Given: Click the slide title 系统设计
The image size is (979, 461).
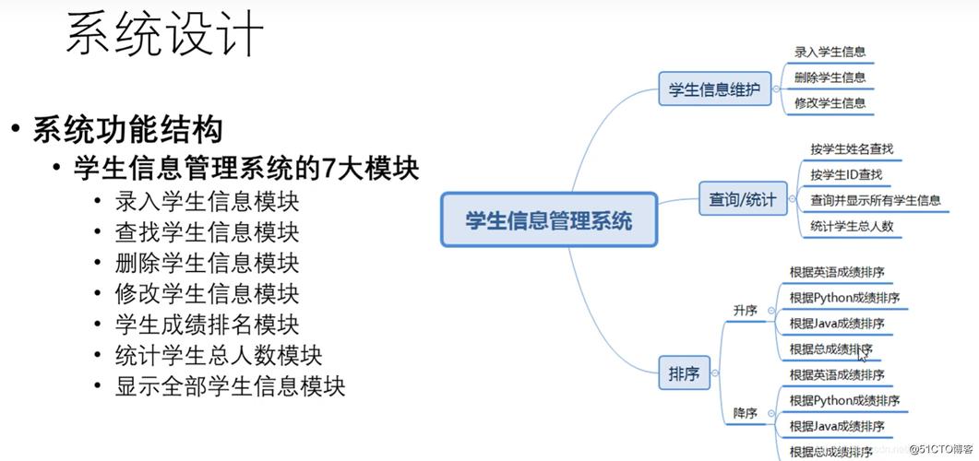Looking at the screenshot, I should [165, 35].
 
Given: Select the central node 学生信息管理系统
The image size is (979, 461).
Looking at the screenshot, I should [549, 220].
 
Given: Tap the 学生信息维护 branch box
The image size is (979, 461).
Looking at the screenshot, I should [714, 90].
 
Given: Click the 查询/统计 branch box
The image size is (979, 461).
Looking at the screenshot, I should [742, 199].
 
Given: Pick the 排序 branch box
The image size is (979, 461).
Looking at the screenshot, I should [684, 374].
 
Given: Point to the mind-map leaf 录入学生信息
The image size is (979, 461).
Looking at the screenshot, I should [830, 53].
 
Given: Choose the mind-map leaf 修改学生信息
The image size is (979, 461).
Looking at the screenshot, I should [830, 103].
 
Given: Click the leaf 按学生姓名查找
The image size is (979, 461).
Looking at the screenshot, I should [851, 148].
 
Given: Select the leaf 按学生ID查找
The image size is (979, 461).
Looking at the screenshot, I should [845, 174].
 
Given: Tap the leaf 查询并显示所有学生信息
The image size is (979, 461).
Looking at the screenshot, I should [875, 200].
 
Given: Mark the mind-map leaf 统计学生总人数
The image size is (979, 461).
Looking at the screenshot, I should [851, 226].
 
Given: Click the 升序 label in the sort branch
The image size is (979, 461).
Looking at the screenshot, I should [745, 311].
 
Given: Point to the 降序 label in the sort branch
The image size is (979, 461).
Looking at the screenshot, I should [745, 413].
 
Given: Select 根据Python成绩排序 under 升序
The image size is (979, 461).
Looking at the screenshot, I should [843, 298].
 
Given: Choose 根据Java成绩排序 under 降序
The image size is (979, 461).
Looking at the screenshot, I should [836, 426].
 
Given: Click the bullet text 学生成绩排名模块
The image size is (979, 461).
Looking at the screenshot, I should [207, 325].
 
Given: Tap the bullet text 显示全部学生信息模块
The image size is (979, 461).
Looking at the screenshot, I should [230, 385].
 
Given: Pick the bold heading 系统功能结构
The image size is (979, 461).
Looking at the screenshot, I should [127, 129].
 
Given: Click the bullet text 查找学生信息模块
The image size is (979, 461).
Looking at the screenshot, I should [207, 231].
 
